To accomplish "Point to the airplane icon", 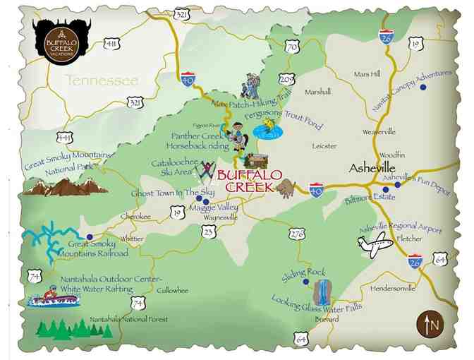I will [375, 245].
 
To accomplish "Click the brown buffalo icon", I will [288, 188].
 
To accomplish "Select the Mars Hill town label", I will [367, 73].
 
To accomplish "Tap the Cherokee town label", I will [135, 216].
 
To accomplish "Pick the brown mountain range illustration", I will [65, 186].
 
